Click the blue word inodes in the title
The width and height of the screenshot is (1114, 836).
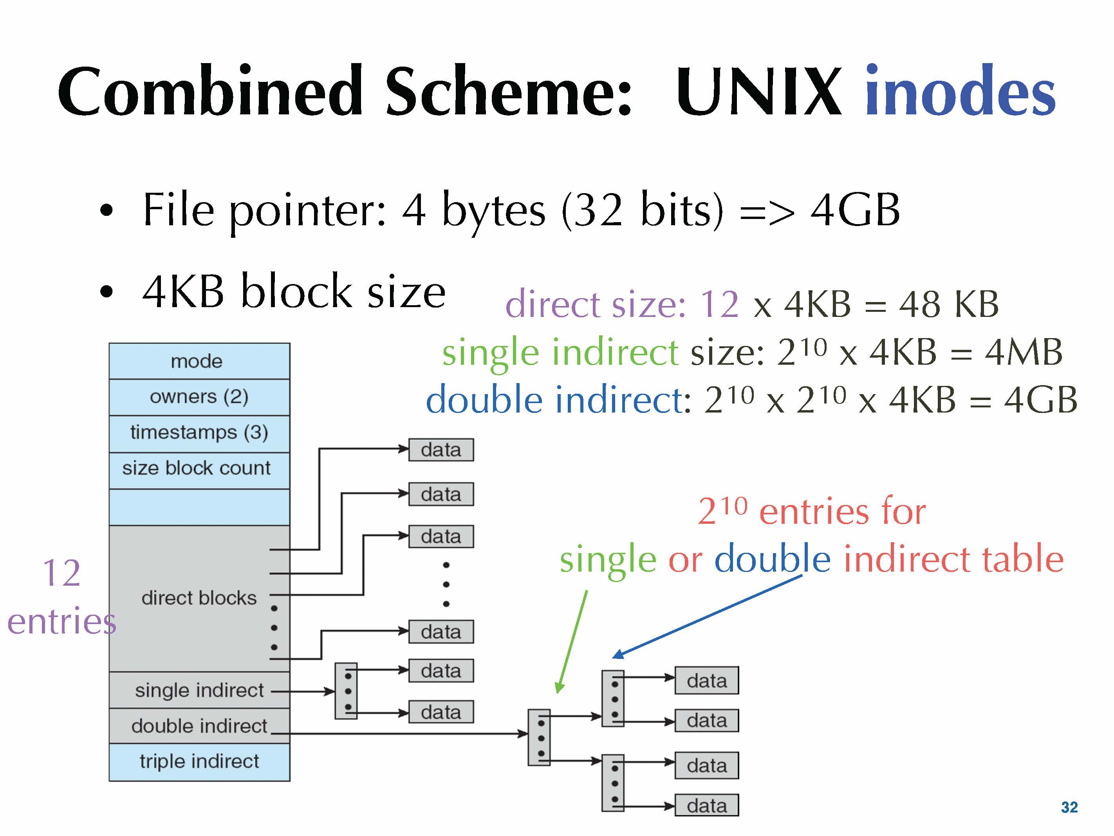coord(959,92)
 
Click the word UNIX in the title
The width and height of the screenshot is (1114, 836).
coord(758,92)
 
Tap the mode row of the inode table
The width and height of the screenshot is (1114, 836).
coord(199,361)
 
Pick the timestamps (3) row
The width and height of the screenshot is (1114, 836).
coord(199,433)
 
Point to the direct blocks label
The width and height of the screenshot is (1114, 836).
coord(199,598)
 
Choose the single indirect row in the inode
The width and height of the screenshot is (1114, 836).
coord(199,690)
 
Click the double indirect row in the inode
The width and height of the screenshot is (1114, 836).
coord(199,726)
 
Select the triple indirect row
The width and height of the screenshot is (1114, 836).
coord(199,762)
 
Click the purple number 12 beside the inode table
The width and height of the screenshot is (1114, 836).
coord(61,573)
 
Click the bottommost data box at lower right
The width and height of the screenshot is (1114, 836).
coord(706,806)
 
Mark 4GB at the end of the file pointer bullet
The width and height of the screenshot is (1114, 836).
coord(855,210)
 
